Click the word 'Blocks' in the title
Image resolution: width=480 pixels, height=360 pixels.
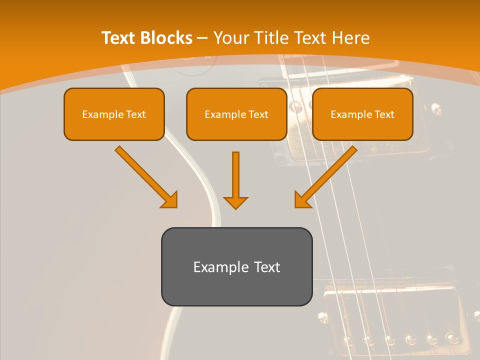tap(166, 38)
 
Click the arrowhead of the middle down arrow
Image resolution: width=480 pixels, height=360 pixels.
tap(235, 202)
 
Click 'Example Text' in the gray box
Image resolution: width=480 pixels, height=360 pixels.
tap(236, 267)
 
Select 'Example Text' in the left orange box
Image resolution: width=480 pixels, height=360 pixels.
tap(114, 114)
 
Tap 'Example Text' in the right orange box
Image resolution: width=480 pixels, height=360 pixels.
tap(362, 114)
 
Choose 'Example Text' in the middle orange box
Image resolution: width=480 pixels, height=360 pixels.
tap(236, 114)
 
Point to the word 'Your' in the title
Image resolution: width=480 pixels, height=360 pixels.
tap(231, 38)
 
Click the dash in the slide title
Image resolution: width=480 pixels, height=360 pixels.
tap(202, 38)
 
